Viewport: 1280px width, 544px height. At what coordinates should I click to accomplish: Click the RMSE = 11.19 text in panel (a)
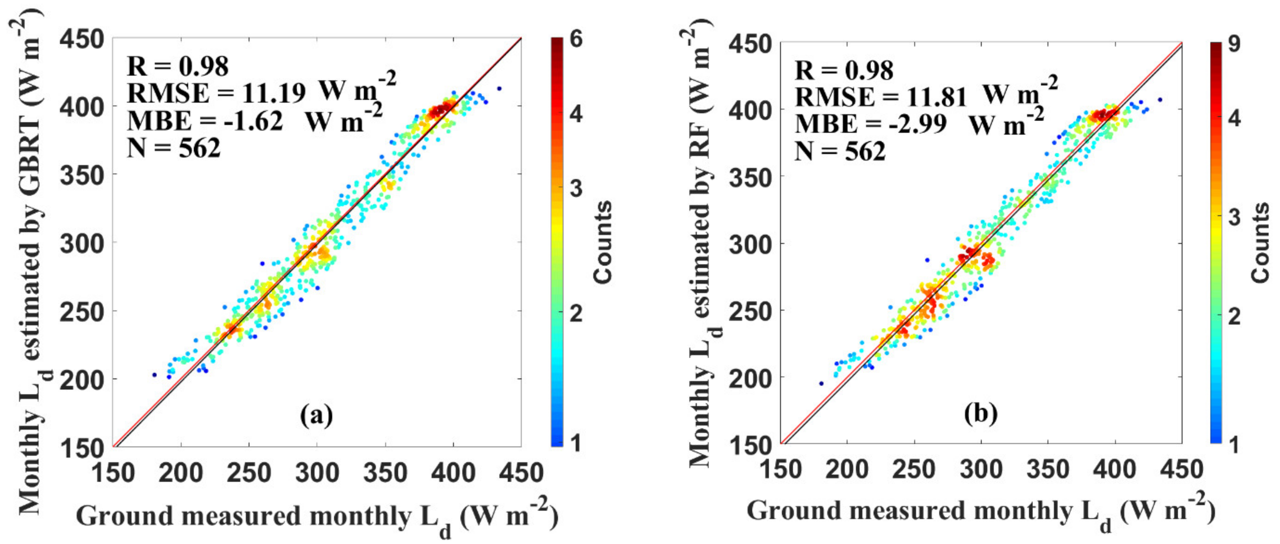[x=216, y=93]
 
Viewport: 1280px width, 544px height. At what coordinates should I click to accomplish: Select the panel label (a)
[x=316, y=415]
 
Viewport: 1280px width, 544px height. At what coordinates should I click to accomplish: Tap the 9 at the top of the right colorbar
[x=1234, y=44]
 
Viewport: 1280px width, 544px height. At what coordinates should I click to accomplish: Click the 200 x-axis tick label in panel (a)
[x=181, y=473]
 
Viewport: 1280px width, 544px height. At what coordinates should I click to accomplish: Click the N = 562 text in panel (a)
[x=173, y=148]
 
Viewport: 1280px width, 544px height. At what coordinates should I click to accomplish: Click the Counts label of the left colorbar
[x=603, y=242]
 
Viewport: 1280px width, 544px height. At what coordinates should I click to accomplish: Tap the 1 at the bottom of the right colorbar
[x=1234, y=444]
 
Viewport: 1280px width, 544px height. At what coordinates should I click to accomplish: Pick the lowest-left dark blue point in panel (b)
[x=821, y=383]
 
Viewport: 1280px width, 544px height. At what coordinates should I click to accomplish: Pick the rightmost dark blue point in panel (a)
[x=499, y=89]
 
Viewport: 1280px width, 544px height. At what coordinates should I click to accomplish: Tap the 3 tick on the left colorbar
[x=576, y=189]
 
